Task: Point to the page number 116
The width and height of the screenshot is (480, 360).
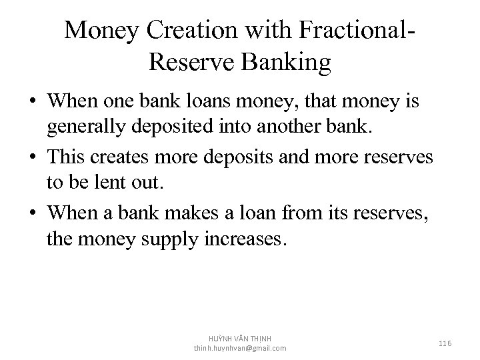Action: (x=446, y=343)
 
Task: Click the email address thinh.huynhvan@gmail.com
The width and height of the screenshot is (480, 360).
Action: (x=240, y=348)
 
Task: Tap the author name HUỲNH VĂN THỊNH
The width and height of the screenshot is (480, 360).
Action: (x=240, y=338)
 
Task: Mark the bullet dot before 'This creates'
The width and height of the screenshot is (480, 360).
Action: (x=32, y=158)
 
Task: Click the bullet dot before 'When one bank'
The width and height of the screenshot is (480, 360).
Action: (x=32, y=103)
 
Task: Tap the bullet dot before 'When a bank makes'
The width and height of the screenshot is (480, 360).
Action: (x=32, y=213)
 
